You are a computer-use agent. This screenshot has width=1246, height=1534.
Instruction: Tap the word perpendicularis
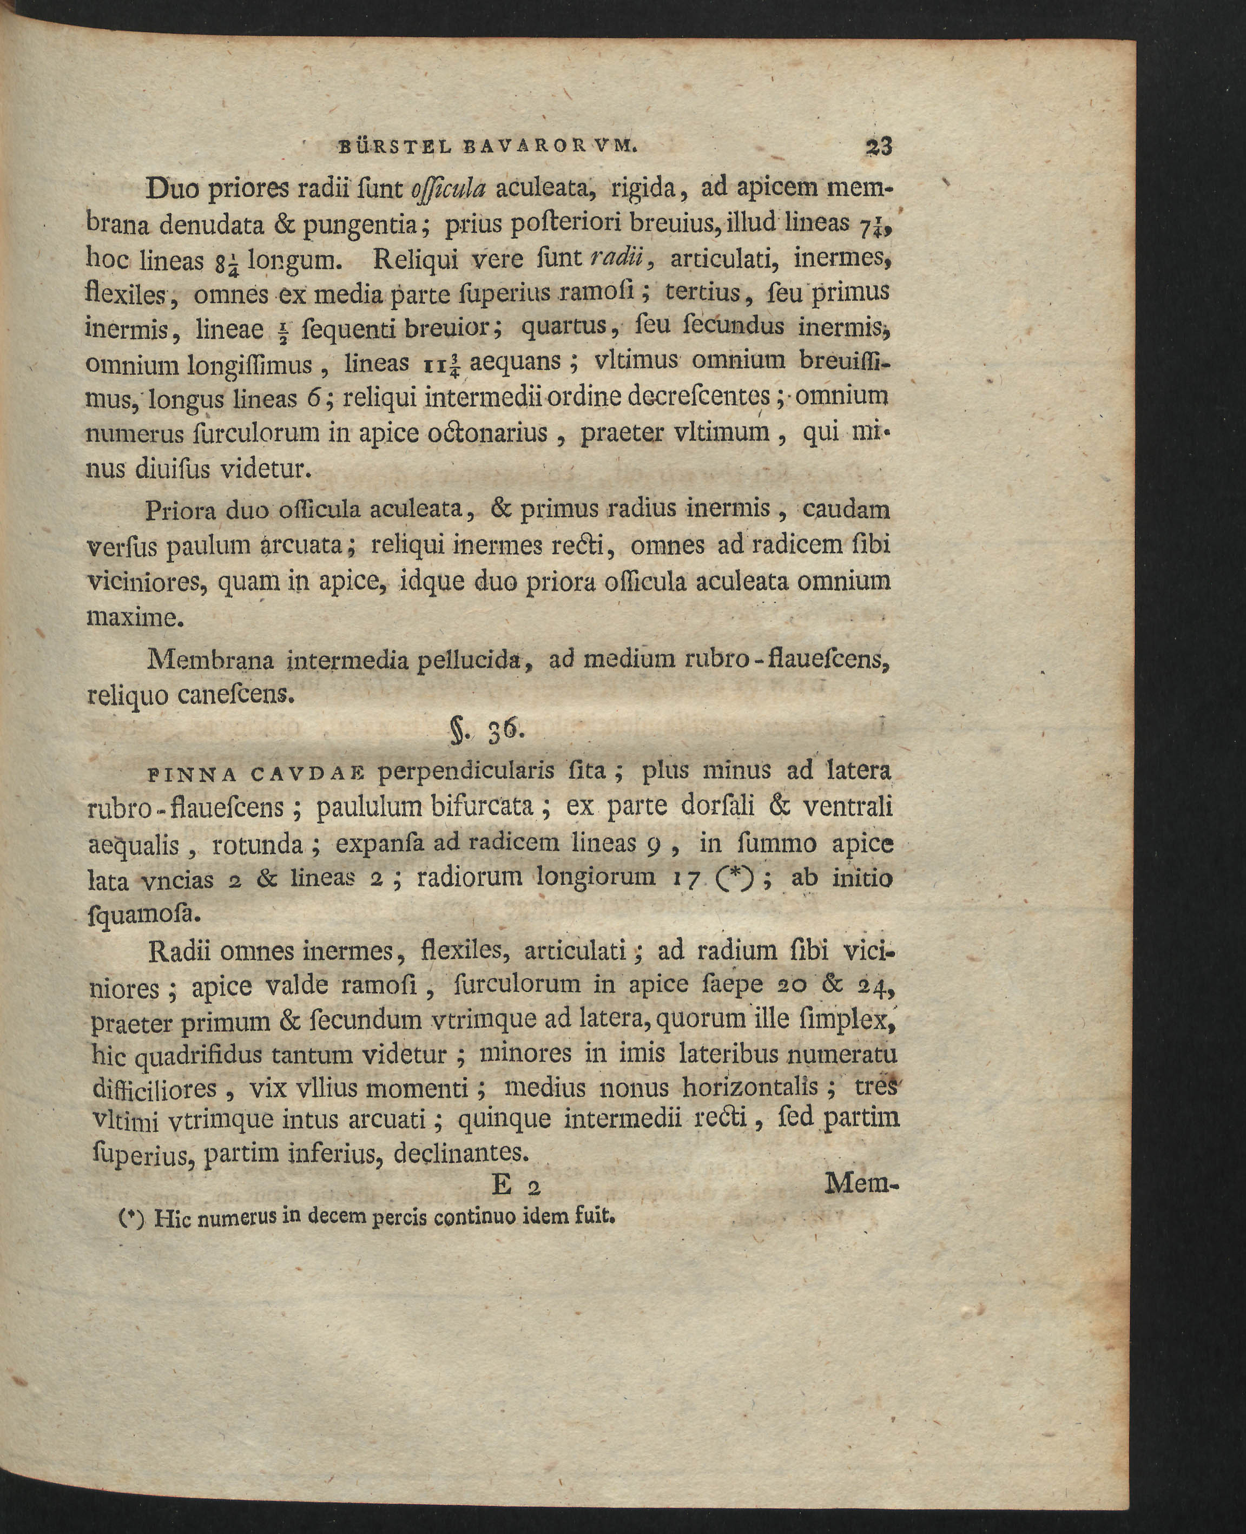coord(466,771)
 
